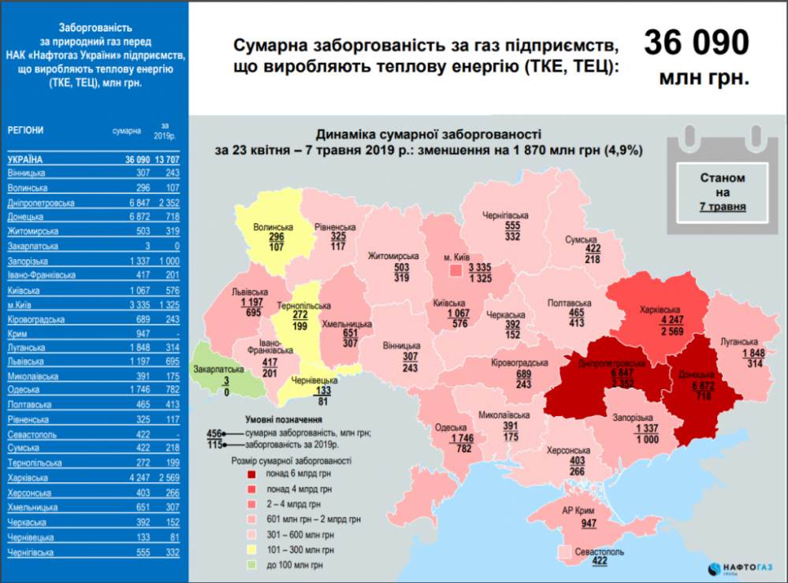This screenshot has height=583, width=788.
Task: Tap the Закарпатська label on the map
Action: coord(215,368)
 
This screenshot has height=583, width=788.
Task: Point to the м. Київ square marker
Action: coord(455,270)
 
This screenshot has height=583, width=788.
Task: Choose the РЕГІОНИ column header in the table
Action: coord(27,130)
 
